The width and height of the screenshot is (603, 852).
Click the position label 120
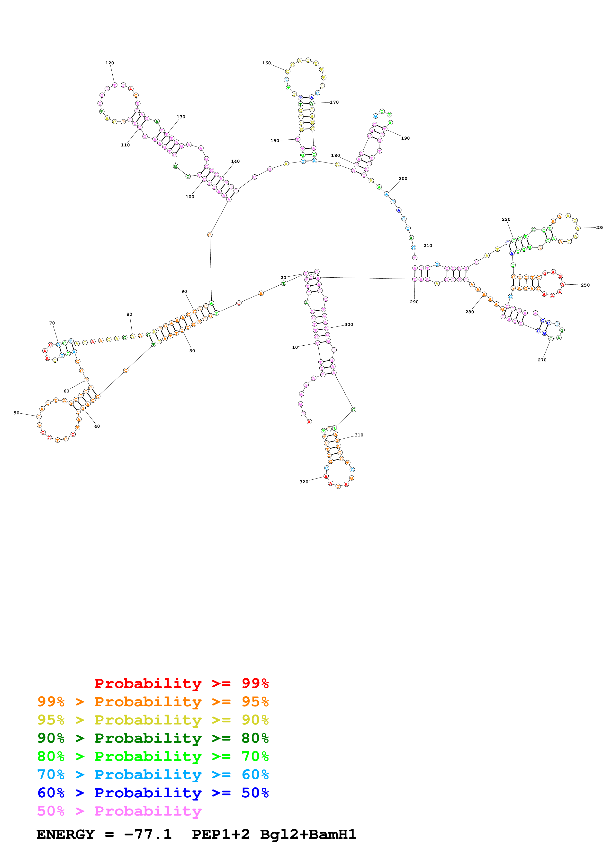[110, 63]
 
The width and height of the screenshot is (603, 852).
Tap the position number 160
[266, 63]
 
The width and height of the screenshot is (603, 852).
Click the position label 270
[542, 360]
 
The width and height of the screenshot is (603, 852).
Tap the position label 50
[16, 413]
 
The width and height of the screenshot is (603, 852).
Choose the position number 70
[52, 323]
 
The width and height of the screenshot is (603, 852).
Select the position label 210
[428, 246]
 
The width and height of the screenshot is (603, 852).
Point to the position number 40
[97, 426]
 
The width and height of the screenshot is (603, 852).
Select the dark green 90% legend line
[153, 738]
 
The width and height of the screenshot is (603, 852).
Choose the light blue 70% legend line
[153, 775]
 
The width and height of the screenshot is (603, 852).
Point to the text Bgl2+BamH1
[308, 835]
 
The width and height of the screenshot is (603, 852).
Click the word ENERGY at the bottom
[65, 835]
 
